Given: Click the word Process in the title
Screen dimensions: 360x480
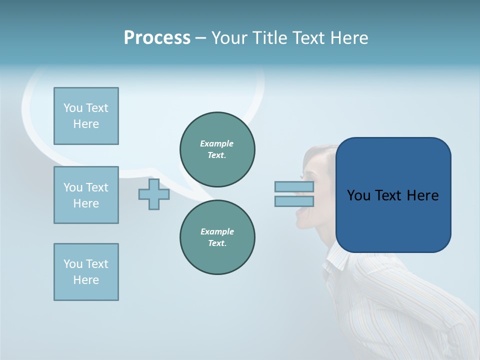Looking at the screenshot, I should (x=157, y=38).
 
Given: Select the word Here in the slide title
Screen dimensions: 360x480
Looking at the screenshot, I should (x=348, y=38).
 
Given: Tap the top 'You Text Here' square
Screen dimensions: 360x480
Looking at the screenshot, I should (x=86, y=116).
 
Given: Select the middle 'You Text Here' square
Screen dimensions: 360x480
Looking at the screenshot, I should (x=86, y=195).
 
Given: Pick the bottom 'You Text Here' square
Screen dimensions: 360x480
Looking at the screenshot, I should (x=86, y=272).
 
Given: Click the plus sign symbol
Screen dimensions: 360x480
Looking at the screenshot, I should (x=154, y=194).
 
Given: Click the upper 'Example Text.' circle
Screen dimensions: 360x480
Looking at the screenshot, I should (x=217, y=149).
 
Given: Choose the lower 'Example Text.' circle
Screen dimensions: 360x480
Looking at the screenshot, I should (x=217, y=237).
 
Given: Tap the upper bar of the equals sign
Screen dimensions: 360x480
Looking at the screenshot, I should (x=294, y=187).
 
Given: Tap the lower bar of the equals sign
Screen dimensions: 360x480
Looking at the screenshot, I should (x=294, y=201).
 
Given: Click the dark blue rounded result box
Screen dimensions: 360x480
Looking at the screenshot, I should (x=393, y=195).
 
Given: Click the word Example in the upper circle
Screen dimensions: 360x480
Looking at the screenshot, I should (x=217, y=143).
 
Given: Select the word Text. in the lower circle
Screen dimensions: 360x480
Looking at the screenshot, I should (x=217, y=243).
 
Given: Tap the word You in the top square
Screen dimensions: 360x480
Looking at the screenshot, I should (x=73, y=108).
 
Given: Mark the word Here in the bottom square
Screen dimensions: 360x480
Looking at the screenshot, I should (x=86, y=280).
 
